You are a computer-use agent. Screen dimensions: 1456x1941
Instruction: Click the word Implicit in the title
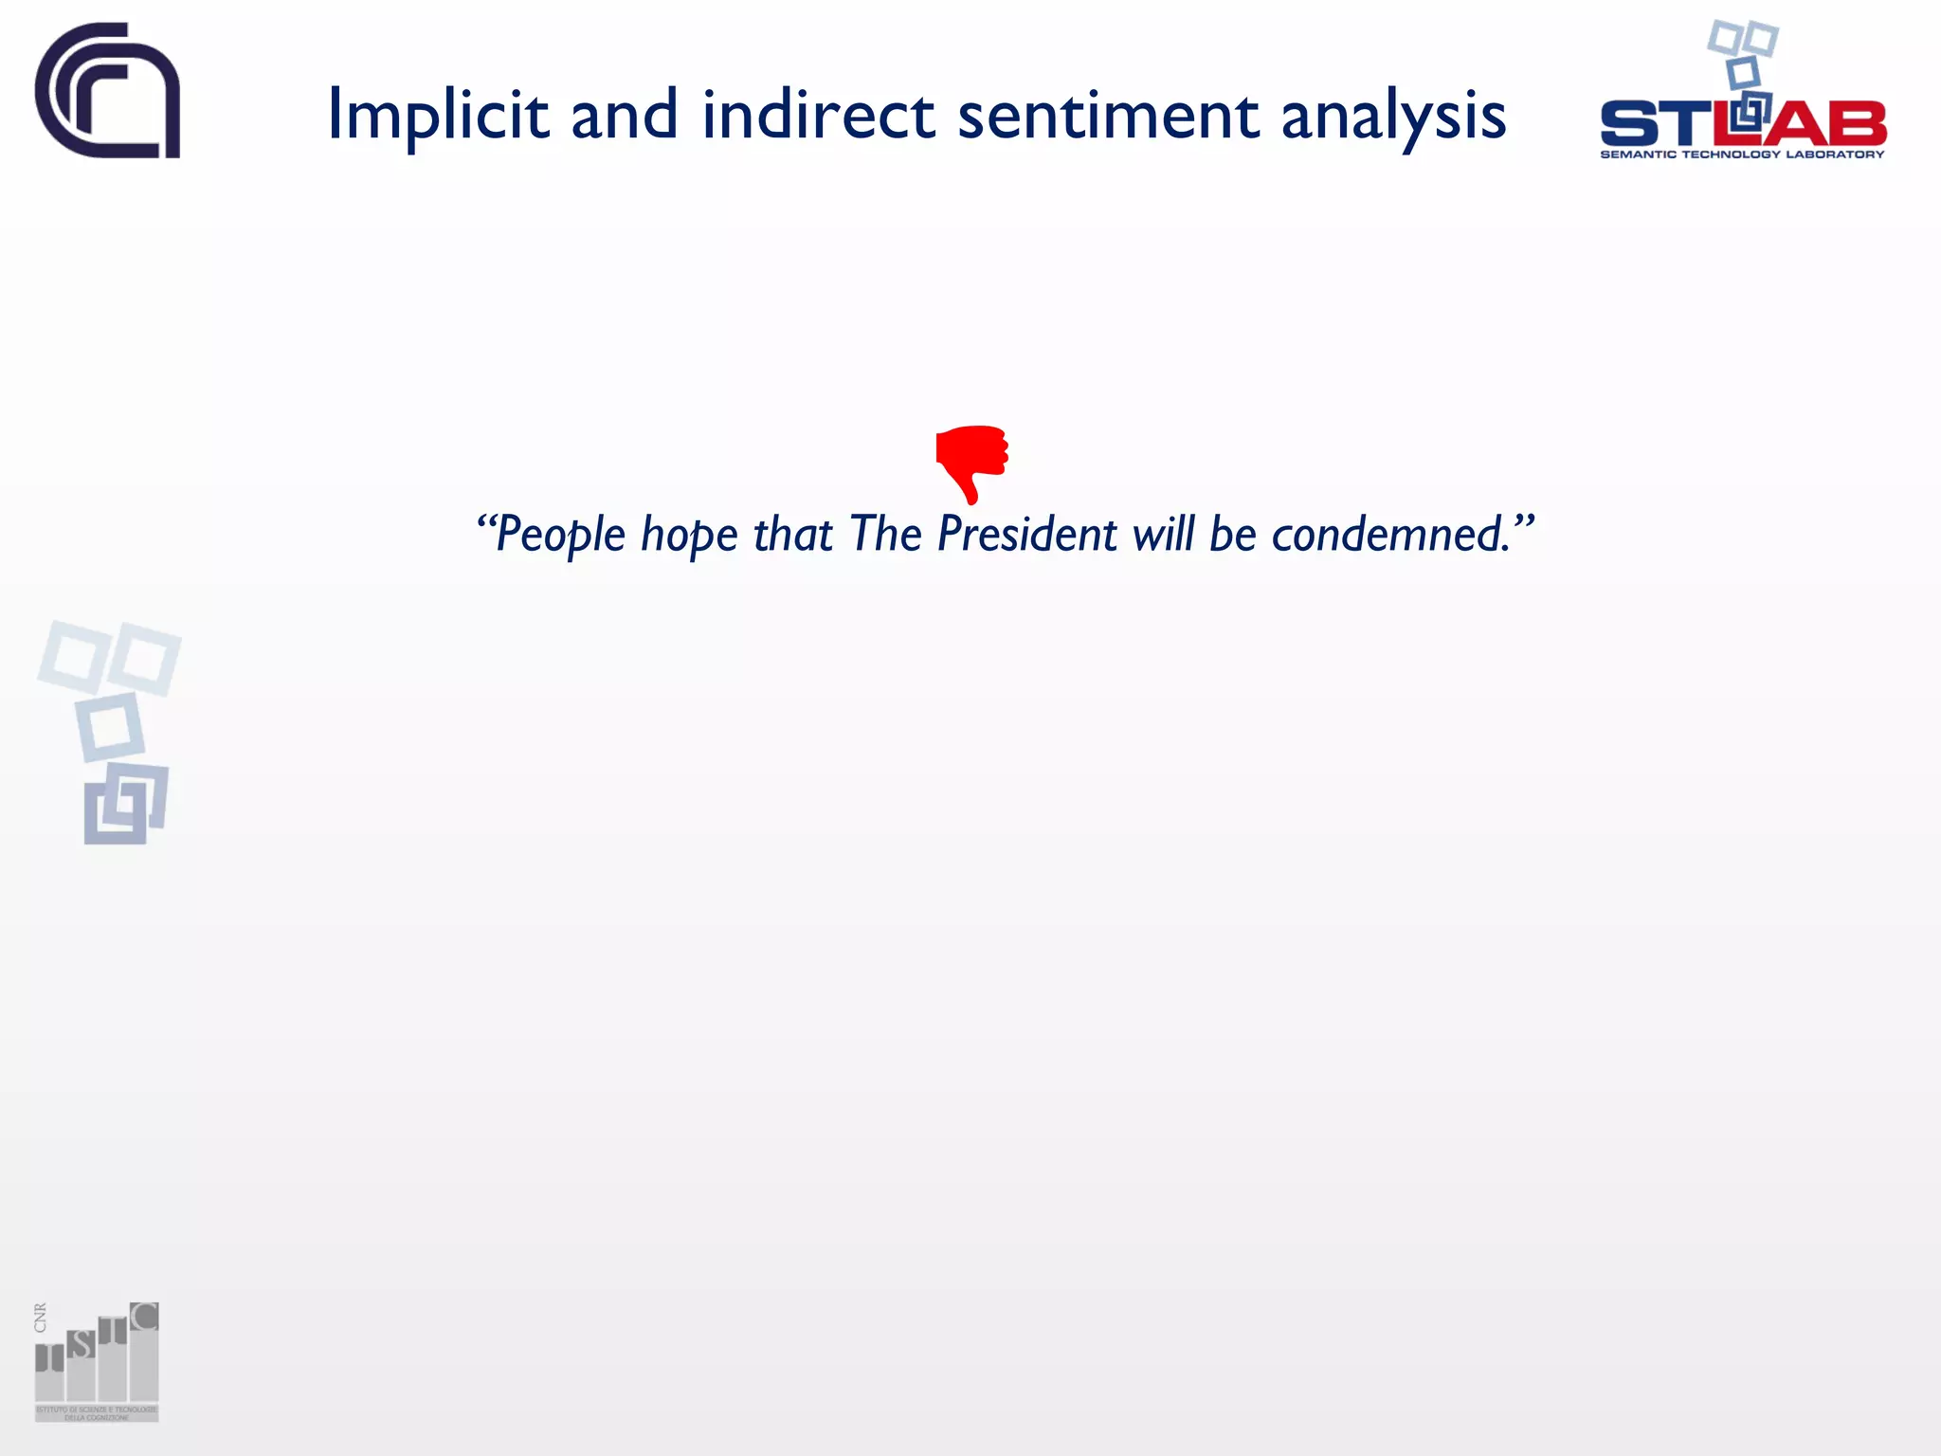438,116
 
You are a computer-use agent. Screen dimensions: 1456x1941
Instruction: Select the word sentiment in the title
1108,116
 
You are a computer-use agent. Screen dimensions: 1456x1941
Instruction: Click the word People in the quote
560,535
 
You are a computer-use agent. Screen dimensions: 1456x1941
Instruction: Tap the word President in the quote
1027,534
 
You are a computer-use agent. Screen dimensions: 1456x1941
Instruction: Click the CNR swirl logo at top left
107,91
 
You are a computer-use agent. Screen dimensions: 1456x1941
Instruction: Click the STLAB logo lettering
1742,123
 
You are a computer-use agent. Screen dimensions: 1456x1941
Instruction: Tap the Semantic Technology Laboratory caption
1742,155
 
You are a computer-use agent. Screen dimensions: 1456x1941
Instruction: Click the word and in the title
625,116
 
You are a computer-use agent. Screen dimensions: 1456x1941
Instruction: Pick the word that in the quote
792,534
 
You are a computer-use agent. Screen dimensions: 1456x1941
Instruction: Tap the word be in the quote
1233,534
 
